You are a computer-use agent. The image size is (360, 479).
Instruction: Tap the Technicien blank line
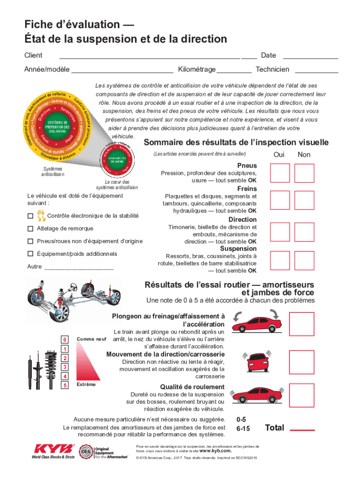(317, 72)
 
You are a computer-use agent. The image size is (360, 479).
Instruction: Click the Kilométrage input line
(234, 72)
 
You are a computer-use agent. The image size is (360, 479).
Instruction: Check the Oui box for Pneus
(280, 173)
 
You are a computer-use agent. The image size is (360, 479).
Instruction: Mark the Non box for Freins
(304, 200)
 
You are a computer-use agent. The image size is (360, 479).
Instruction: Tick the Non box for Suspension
(304, 261)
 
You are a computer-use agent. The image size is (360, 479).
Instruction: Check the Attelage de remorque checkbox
(30, 229)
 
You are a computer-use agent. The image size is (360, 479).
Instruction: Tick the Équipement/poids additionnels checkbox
(30, 254)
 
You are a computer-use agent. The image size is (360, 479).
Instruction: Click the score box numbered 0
(65, 340)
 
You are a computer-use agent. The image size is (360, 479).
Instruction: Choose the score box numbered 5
(65, 385)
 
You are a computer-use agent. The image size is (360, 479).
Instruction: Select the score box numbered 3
(65, 367)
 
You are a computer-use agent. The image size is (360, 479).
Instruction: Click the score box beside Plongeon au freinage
(302, 324)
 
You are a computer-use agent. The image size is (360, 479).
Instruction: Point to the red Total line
(302, 430)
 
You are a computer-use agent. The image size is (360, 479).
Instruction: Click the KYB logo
(53, 450)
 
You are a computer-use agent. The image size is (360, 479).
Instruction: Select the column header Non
(304, 155)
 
